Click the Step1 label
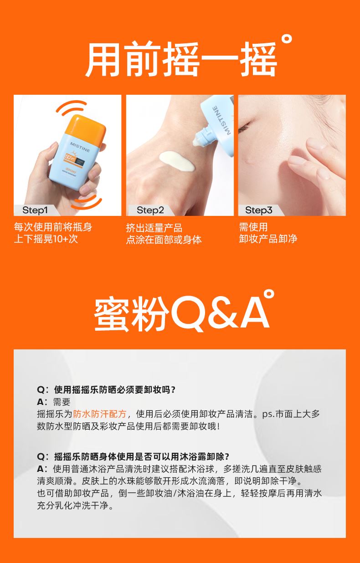35,210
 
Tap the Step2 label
150,210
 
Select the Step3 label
259,210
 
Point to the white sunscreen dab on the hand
177,161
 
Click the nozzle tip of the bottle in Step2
197,142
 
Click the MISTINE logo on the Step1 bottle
80,147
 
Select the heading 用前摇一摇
181,59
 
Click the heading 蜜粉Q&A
182,313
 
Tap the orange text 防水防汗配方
99,414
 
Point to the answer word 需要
62,402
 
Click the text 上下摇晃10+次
46,239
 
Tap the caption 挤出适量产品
154,228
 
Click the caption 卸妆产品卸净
268,239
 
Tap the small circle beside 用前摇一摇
287,40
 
